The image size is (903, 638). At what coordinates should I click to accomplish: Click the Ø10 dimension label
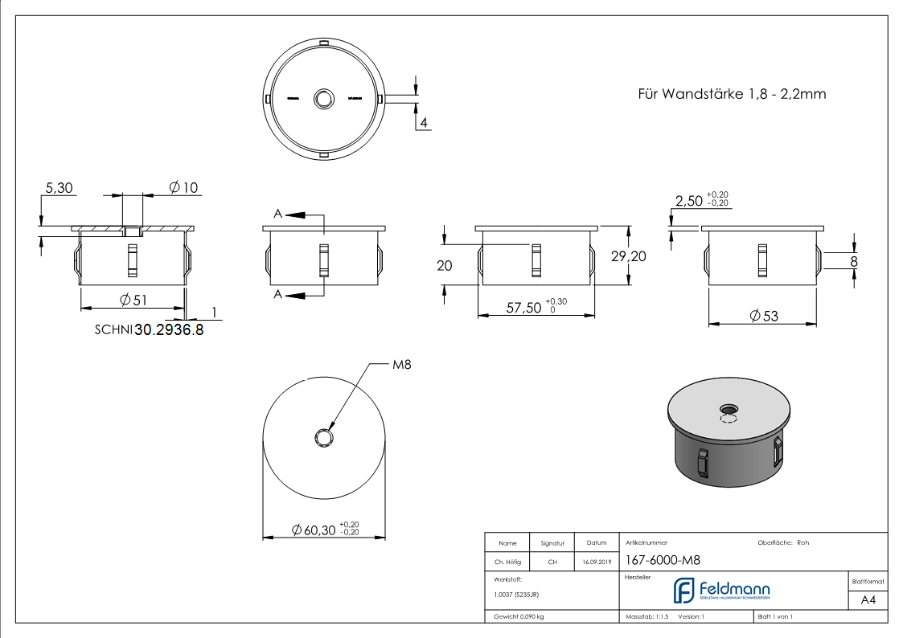point(183,188)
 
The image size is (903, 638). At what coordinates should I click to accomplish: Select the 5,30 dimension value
point(59,188)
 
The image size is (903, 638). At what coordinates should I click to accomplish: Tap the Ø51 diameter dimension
point(135,300)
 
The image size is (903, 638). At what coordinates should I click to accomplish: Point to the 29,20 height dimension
point(628,256)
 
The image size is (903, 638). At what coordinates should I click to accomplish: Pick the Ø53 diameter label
point(764,317)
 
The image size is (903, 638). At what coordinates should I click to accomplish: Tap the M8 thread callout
point(401,365)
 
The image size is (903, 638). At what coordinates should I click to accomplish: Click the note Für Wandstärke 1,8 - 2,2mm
point(732,94)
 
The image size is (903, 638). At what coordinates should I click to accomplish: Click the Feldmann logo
point(721,591)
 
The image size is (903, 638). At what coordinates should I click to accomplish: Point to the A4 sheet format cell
point(868,600)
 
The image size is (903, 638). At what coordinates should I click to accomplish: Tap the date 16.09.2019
point(597,562)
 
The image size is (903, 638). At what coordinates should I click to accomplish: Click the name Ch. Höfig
point(507,562)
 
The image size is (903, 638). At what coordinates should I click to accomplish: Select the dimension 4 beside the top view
point(423,122)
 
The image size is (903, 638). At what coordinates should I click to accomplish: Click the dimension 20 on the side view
point(444,265)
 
